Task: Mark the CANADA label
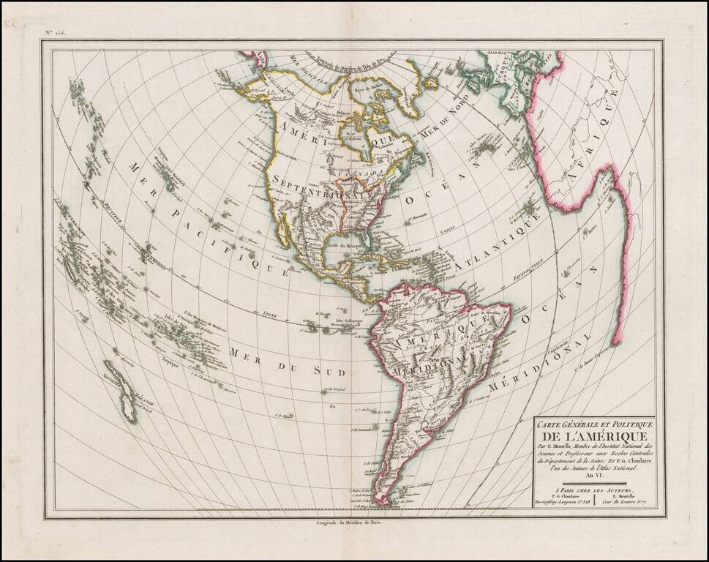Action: [x=365, y=171]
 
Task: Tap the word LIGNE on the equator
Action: [x=271, y=312]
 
